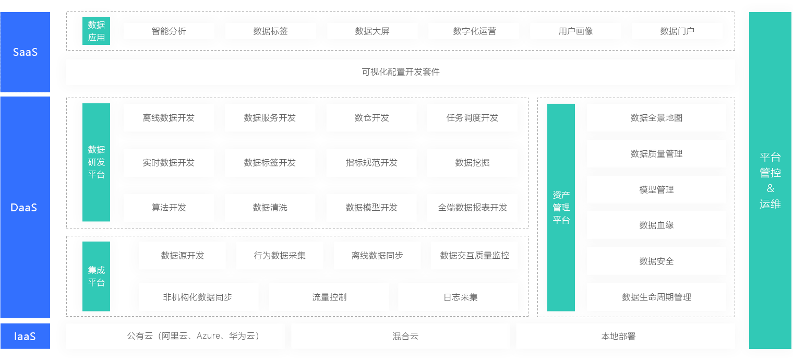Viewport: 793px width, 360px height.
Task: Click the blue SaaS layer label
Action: coord(25,52)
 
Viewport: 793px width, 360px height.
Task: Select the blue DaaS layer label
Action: coord(25,207)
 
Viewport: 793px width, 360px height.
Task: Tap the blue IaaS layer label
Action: coord(25,336)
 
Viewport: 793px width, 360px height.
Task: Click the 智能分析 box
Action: coord(169,31)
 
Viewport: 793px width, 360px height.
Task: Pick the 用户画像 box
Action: coord(575,31)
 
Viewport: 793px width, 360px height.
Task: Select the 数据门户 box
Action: coord(677,31)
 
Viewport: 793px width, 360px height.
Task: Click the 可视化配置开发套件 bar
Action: coord(400,72)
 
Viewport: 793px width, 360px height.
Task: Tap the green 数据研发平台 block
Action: coord(96,162)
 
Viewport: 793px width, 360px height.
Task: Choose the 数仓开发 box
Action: coord(371,118)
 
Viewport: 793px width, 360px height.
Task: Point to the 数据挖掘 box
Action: coord(472,163)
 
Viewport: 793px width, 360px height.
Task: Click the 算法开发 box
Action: coord(169,208)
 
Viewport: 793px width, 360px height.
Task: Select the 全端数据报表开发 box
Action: coord(472,208)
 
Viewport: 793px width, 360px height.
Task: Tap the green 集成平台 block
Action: coord(96,276)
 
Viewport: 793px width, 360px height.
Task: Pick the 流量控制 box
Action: coord(329,297)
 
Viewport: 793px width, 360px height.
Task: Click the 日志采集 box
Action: coord(458,297)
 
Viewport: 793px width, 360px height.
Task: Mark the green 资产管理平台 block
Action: coord(561,207)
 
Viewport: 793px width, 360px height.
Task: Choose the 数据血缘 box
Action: coord(656,225)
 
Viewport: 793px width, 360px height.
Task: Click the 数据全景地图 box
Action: coord(656,118)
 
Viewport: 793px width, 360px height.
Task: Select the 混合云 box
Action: coord(400,336)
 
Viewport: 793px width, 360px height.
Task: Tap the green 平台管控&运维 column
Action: coord(770,181)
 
